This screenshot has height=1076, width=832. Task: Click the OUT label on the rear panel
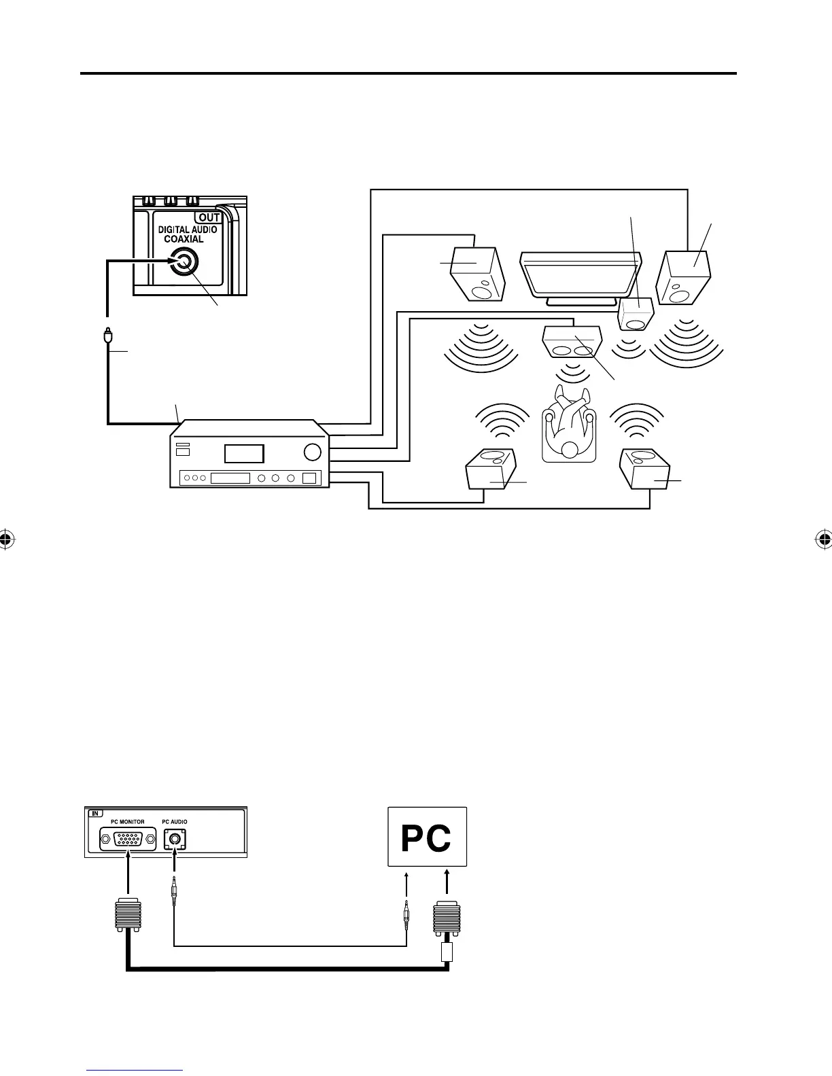pyautogui.click(x=209, y=218)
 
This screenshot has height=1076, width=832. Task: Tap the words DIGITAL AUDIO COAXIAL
pyautogui.click(x=188, y=234)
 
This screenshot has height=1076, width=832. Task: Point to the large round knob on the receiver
pyautogui.click(x=313, y=452)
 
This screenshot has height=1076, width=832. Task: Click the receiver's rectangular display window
pyautogui.click(x=245, y=454)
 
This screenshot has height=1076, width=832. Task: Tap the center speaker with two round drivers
pyautogui.click(x=572, y=342)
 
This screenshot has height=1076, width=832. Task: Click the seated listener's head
pyautogui.click(x=569, y=449)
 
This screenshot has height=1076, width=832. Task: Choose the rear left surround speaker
pyautogui.click(x=490, y=468)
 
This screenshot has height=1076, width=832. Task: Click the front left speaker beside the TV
pyautogui.click(x=479, y=274)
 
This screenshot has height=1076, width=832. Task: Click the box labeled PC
pyautogui.click(x=427, y=836)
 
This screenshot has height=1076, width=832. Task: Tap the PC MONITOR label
pyautogui.click(x=127, y=822)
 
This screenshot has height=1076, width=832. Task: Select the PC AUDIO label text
pyautogui.click(x=175, y=822)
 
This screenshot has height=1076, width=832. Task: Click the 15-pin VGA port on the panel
pyautogui.click(x=128, y=840)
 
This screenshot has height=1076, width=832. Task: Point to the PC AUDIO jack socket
pyautogui.click(x=175, y=840)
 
